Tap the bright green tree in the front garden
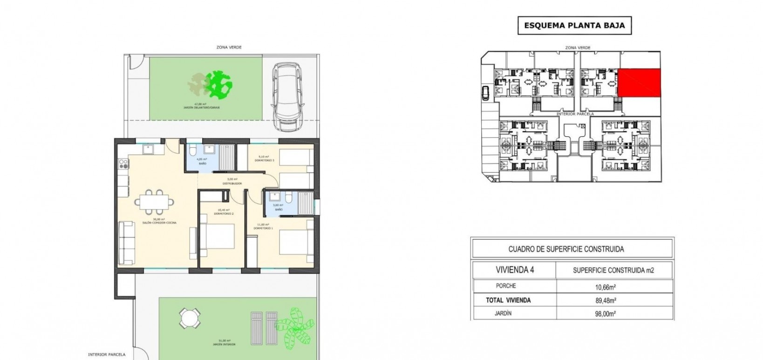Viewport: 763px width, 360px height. coord(218,85)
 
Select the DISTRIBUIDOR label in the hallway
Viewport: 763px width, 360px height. coord(231,183)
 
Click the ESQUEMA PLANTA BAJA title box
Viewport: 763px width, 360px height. coord(574,26)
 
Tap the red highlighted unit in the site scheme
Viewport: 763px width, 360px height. coord(639,83)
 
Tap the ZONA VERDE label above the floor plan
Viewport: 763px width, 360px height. coord(229,47)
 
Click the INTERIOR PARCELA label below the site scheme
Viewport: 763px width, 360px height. coord(575,114)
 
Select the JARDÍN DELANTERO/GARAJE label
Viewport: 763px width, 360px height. coord(201,107)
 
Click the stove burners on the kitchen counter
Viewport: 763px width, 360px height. coord(123,164)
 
